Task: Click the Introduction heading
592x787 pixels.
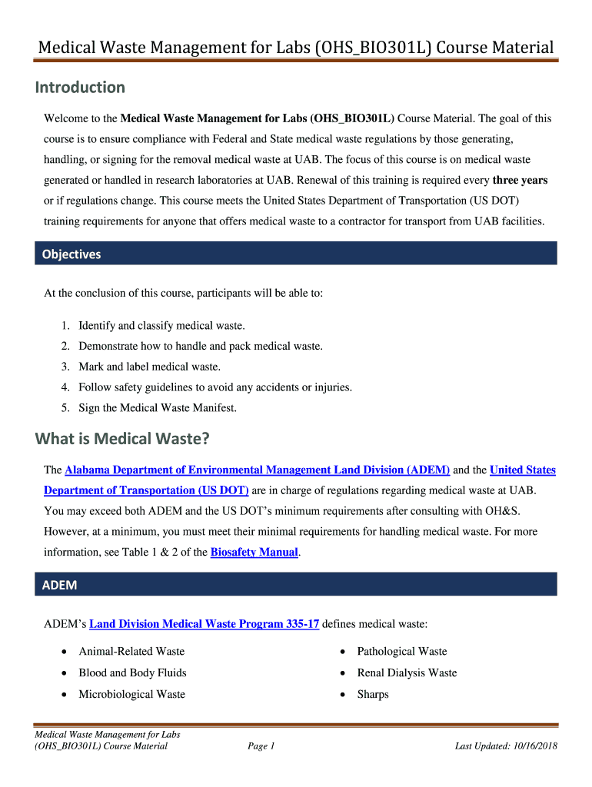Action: (80, 88)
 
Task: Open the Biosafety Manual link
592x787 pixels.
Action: (254, 552)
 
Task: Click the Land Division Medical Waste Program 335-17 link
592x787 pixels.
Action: (205, 624)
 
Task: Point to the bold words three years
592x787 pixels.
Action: (520, 181)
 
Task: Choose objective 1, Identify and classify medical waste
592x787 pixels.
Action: (161, 326)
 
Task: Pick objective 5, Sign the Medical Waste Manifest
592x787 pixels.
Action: (158, 408)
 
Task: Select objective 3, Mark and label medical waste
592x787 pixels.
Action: (149, 367)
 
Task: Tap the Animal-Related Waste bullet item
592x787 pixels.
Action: (131, 651)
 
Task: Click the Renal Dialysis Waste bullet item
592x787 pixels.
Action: (407, 672)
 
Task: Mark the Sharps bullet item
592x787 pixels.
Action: (373, 694)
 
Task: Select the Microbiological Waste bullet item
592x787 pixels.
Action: (131, 694)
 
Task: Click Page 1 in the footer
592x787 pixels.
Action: (261, 745)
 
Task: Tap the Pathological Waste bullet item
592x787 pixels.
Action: (401, 651)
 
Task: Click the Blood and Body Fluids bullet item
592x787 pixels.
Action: (132, 672)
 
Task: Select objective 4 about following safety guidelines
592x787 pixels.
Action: (215, 387)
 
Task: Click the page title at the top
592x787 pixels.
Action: (296, 48)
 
